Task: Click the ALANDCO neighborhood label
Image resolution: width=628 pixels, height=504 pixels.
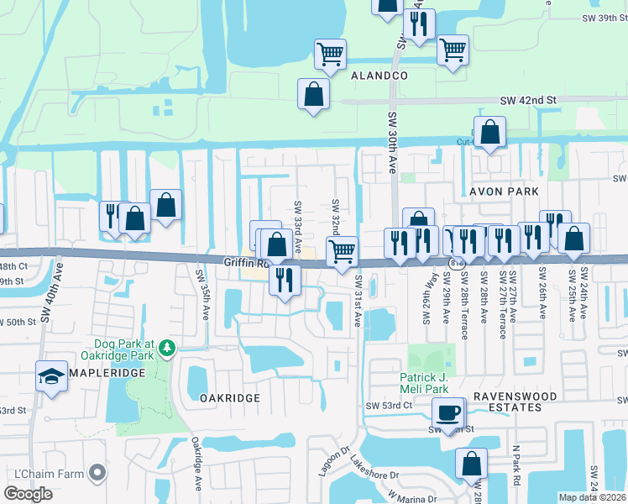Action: [x=375, y=76]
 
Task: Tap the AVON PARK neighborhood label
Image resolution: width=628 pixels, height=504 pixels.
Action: [x=504, y=192]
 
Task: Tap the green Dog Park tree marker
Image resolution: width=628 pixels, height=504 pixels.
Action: [x=167, y=347]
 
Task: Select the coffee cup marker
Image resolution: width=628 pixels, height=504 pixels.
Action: [x=448, y=412]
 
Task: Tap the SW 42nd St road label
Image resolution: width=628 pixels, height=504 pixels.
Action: [x=528, y=100]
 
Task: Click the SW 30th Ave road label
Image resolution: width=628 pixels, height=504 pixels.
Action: [x=392, y=142]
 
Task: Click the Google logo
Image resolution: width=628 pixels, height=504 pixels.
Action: [x=29, y=493]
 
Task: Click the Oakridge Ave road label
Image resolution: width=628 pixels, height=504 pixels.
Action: [x=196, y=463]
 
